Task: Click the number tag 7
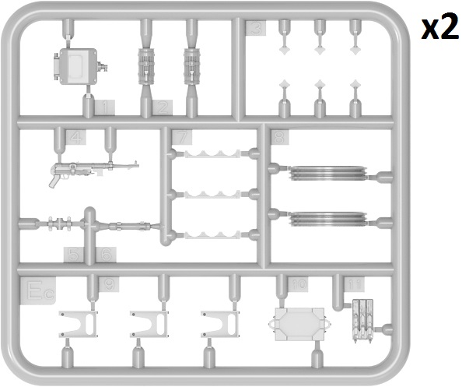tap(182, 138)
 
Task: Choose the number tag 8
tap(278, 138)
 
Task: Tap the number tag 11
tap(355, 283)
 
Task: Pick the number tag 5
tap(75, 254)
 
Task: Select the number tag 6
tap(106, 254)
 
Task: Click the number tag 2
tap(162, 106)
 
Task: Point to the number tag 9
tap(109, 285)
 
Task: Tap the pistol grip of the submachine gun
tap(57, 178)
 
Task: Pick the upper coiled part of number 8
tap(327, 171)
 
